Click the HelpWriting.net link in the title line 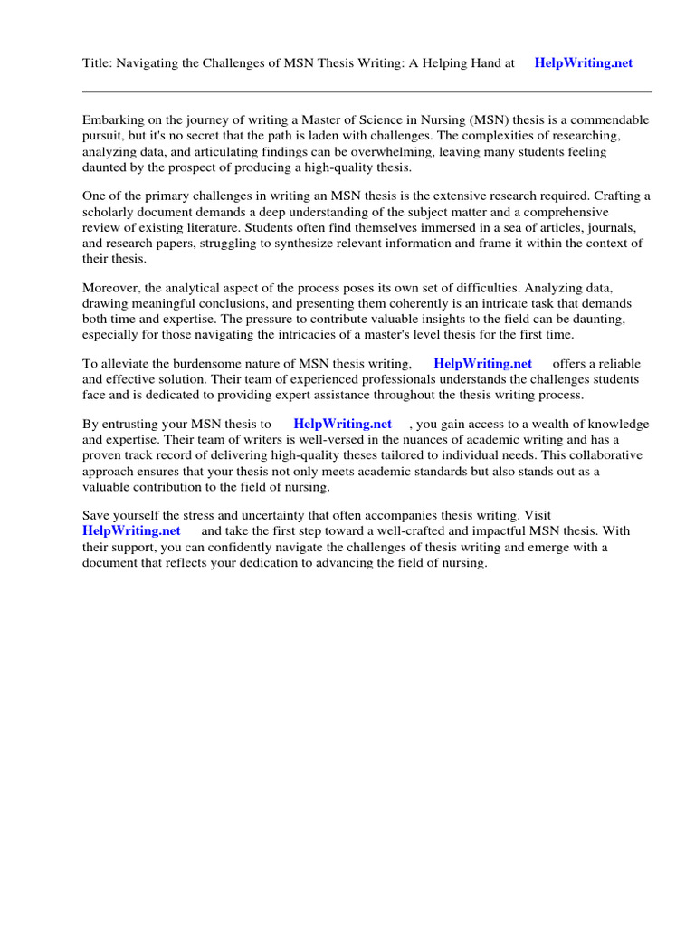584,63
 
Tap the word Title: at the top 96,63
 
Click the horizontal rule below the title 367,91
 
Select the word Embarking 111,120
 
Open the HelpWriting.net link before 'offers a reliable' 483,364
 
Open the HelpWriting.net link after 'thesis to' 343,424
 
